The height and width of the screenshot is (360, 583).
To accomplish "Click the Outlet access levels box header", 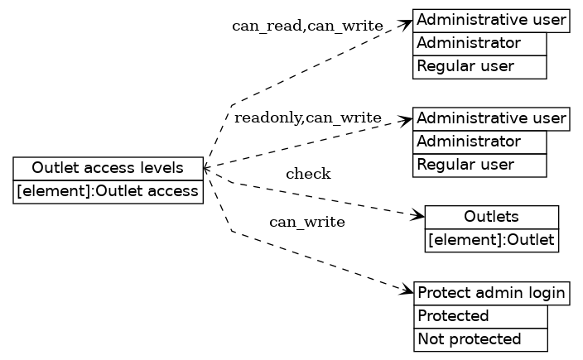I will pos(108,168).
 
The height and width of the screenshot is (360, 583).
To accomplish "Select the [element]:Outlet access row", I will pos(108,192).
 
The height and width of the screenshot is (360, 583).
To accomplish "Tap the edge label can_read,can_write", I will pos(307,26).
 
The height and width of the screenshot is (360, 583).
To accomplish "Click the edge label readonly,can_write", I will pos(307,118).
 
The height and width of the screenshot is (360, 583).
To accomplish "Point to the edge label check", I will pos(308,174).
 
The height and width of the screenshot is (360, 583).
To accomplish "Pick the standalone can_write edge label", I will pos(307,222).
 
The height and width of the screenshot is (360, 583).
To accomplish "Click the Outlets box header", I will pos(491,217).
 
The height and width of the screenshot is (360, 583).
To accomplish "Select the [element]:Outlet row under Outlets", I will pos(491,241).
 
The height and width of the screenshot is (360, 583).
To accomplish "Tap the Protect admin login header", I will pos(491,293).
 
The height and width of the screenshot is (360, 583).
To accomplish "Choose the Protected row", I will pos(480,316).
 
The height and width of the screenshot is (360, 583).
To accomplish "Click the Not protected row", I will pos(480,339).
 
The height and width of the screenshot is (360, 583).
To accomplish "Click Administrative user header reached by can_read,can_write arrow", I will pos(491,20).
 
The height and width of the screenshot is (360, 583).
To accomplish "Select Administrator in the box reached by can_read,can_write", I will pos(480,43).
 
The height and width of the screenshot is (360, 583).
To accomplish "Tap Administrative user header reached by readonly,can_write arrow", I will pos(491,118).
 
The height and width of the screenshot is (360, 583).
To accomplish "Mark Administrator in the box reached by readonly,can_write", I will pos(480,142).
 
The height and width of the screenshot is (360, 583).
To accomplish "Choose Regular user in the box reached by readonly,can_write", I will pos(480,166).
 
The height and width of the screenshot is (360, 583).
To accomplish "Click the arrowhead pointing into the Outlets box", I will pos(419,217).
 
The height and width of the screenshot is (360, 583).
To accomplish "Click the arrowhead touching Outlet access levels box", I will pos(207,168).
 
